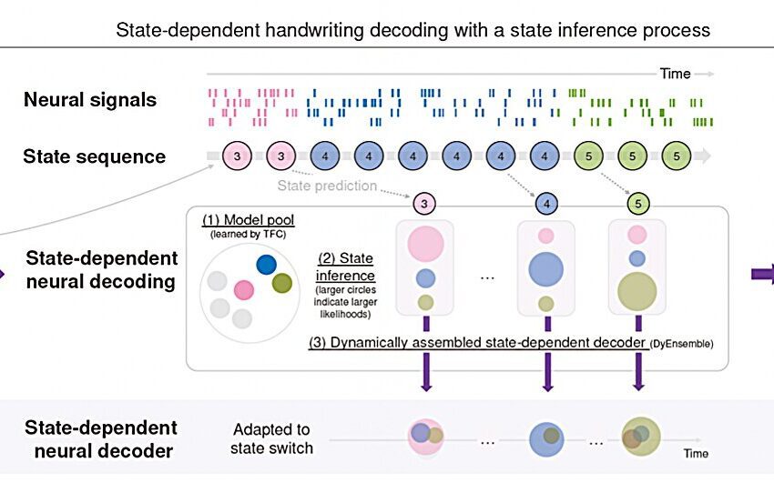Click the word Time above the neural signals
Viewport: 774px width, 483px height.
pos(676,74)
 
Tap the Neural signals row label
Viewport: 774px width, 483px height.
pos(90,99)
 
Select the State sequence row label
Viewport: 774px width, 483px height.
pos(95,156)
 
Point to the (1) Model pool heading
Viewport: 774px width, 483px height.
pos(240,219)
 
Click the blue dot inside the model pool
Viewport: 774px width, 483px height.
pos(266,264)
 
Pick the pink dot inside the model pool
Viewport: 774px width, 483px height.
pos(243,290)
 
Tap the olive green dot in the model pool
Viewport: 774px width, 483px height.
pos(282,283)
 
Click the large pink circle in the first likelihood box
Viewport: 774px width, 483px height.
pos(424,244)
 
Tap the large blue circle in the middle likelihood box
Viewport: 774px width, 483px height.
pos(545,269)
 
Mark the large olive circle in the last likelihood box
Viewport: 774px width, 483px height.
pos(637,291)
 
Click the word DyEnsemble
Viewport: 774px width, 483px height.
pos(683,343)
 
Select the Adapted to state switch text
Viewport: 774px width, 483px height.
pos(271,438)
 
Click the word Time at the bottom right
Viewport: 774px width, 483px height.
pos(696,453)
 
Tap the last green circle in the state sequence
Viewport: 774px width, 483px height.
pos(676,156)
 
